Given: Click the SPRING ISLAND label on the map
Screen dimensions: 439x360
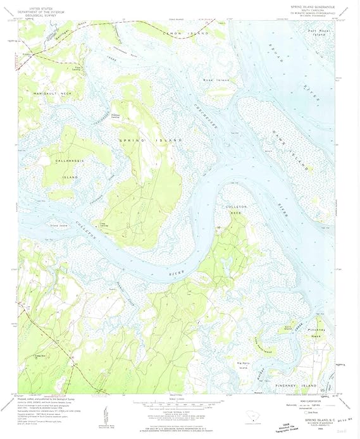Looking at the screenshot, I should [151, 139].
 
